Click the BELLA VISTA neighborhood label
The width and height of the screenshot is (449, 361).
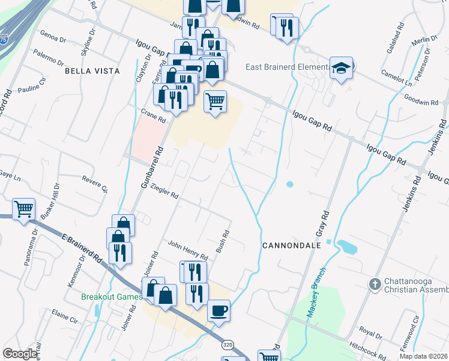pyautogui.click(x=92, y=71)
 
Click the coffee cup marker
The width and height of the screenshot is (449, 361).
pyautogui.click(x=218, y=310)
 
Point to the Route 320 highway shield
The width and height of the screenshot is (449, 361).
pyautogui.click(x=227, y=345)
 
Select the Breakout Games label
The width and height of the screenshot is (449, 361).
pyautogui.click(x=112, y=296)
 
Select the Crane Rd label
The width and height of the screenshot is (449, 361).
pyautogui.click(x=153, y=116)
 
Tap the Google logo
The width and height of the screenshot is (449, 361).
pyautogui.click(x=20, y=354)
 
